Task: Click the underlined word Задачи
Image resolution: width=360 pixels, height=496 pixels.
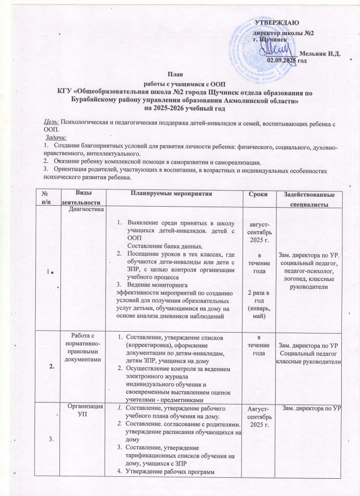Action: pyautogui.click(x=56, y=137)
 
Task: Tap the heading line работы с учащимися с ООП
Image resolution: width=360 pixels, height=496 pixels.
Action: pyautogui.click(x=180, y=83)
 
